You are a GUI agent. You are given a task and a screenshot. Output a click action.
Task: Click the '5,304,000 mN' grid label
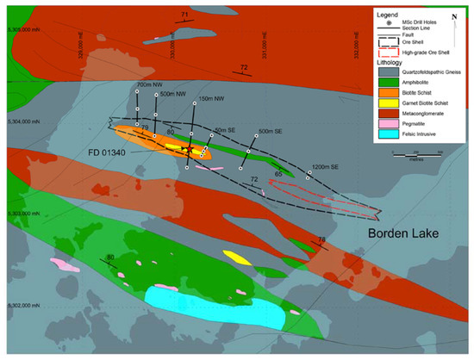[x=20, y=121]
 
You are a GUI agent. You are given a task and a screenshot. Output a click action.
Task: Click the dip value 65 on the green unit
[x=278, y=174]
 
